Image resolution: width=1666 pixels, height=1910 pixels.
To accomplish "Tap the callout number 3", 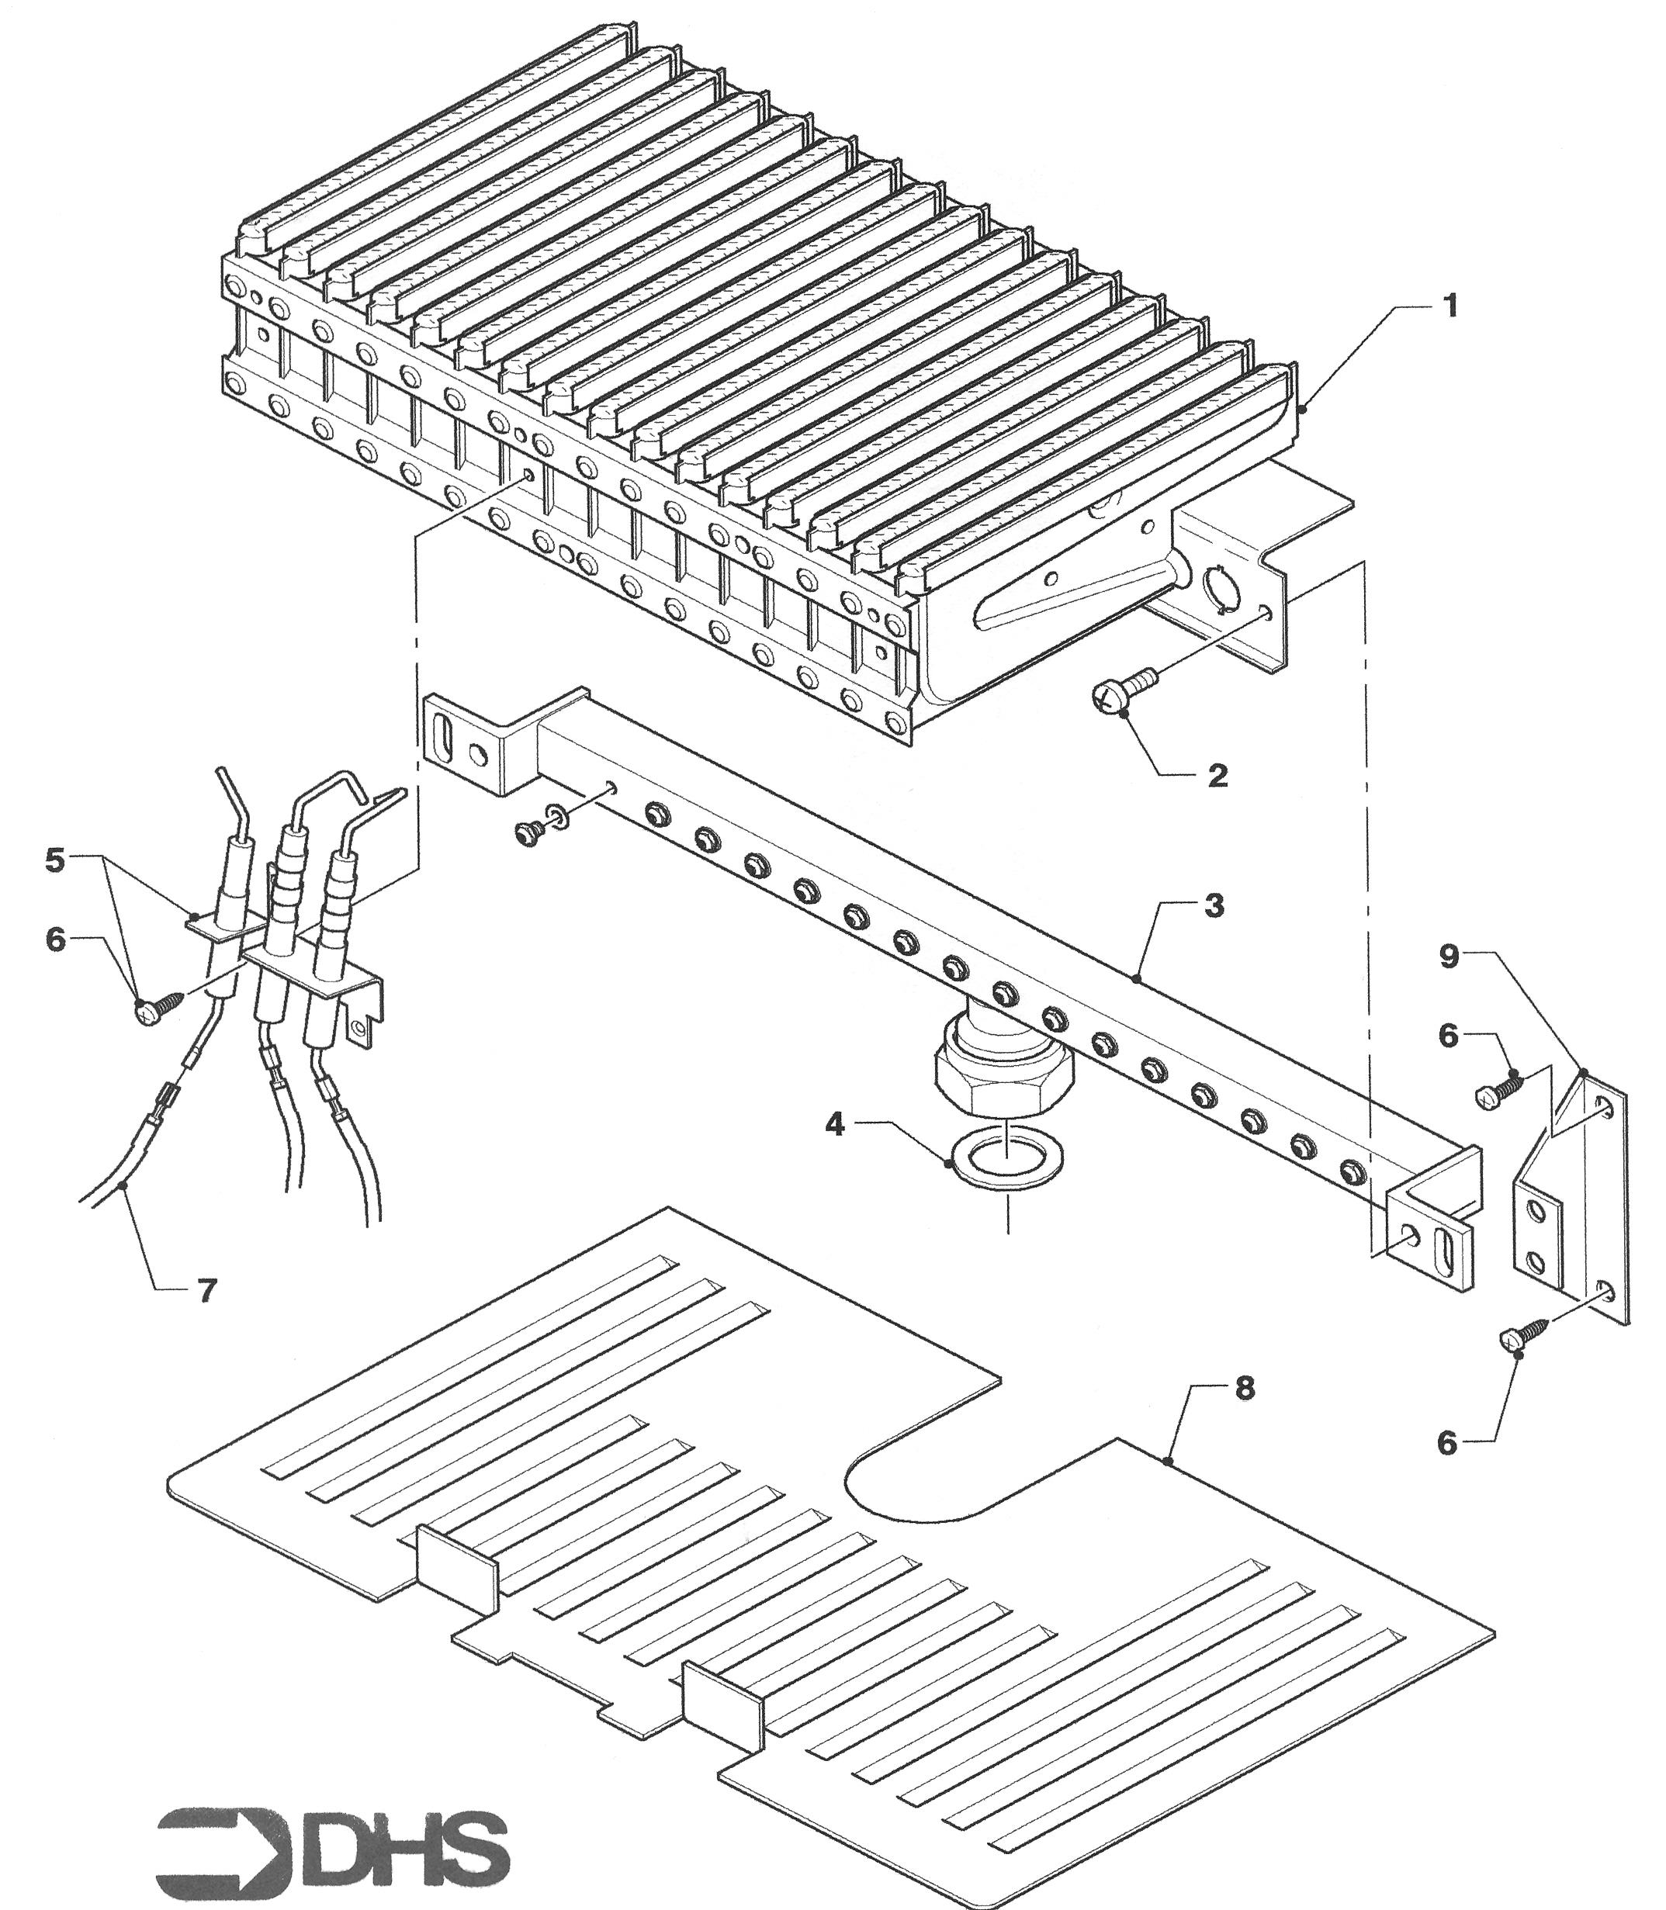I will pyautogui.click(x=1214, y=906).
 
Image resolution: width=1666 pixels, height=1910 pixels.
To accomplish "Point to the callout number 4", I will pyautogui.click(x=835, y=1125).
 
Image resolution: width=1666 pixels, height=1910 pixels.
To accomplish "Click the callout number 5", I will pyautogui.click(x=56, y=860).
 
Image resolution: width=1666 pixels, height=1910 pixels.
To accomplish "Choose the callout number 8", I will pyautogui.click(x=1244, y=1389).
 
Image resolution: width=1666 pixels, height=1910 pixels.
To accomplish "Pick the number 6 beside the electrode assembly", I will pyautogui.click(x=56, y=939).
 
